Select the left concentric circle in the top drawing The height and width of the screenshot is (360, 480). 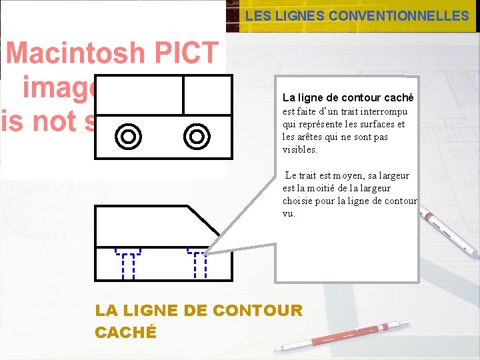pos(128,137)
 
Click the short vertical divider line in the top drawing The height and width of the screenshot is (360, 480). pos(183,95)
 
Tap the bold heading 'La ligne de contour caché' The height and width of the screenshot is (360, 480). pos(348,97)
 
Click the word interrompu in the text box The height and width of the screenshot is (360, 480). pos(383,111)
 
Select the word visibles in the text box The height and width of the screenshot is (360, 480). pos(299,149)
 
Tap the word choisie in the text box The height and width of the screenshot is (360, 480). pos(301,201)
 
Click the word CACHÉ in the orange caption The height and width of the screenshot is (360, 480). pos(126,332)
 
